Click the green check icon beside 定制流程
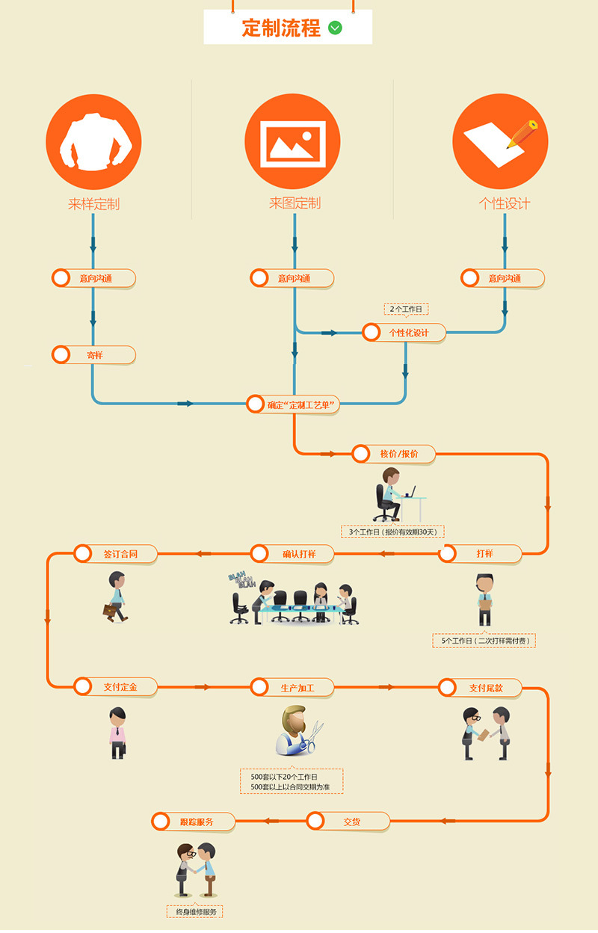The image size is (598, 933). tap(335, 28)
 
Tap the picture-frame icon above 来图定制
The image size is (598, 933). tap(292, 141)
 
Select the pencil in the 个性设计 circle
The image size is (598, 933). tap(523, 133)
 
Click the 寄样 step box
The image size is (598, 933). tap(93, 355)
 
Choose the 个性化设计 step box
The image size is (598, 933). tap(404, 333)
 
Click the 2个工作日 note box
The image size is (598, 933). tap(407, 309)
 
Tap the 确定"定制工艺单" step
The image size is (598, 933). tap(295, 404)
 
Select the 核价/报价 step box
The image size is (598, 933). tap(393, 454)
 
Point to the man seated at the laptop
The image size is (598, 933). tap(391, 493)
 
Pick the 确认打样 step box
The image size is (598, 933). tap(292, 554)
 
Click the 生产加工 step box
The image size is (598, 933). tap(292, 687)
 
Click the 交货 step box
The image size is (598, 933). tap(348, 822)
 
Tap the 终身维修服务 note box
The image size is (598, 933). tap(195, 911)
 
